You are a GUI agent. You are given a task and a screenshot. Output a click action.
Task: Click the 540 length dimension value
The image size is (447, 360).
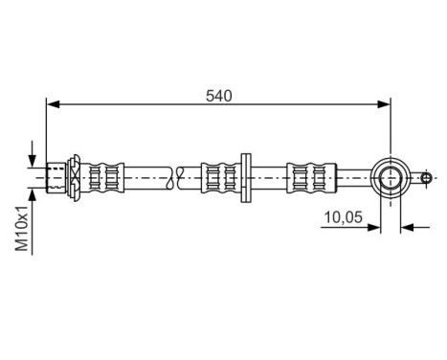[x=219, y=95]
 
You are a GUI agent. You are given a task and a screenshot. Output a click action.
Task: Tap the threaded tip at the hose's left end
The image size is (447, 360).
[x=56, y=177]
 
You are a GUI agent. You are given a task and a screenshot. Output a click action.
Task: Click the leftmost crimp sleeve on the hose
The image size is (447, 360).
[x=106, y=177]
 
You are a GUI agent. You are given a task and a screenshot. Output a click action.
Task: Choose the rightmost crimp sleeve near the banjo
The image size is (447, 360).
[x=310, y=177]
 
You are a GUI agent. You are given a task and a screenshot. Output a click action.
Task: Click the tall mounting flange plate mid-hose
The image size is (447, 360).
[x=245, y=177]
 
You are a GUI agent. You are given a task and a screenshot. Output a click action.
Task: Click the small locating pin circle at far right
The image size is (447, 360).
[x=426, y=177]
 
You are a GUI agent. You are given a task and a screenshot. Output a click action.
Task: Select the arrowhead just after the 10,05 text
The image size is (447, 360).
[x=375, y=227]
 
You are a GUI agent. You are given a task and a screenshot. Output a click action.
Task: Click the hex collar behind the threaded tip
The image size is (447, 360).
[x=72, y=177]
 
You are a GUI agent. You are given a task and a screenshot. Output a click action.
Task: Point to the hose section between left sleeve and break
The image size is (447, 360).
[x=148, y=177]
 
